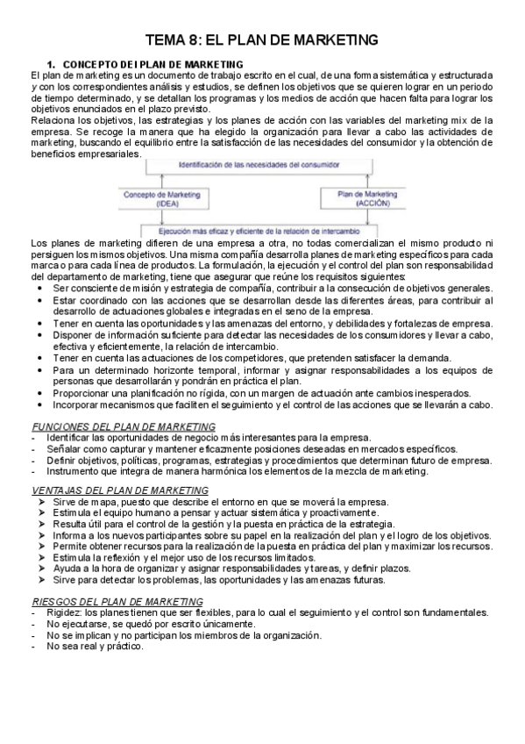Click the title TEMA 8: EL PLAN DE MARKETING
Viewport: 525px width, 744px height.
tap(261, 39)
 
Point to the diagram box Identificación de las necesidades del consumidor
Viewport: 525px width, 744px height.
tap(260, 165)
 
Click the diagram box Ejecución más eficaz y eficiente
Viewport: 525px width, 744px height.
tap(260, 230)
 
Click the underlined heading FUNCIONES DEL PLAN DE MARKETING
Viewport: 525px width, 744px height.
tap(111, 426)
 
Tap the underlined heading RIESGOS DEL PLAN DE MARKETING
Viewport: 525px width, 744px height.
tap(104, 601)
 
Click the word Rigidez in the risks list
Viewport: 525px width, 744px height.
tap(67, 612)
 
